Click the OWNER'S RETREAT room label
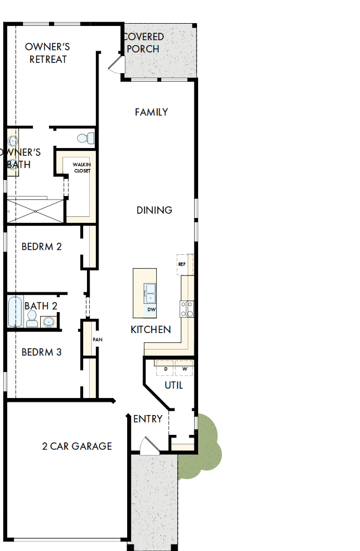[x=48, y=53]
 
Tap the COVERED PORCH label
[x=144, y=43]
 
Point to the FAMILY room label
[x=151, y=112]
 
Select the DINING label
[x=154, y=210]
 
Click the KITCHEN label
[x=150, y=330]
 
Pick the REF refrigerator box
[x=182, y=264]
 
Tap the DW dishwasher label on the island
[x=151, y=310]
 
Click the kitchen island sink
[x=150, y=293]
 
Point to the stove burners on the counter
[x=186, y=308]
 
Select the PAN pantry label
[x=97, y=340]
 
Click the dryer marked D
[x=165, y=368]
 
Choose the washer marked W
[x=184, y=368]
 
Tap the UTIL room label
[x=174, y=385]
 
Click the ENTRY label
[x=148, y=419]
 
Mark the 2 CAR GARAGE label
[x=77, y=446]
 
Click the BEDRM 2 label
[x=42, y=247]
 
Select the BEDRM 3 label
[x=42, y=352]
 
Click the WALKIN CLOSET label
[x=82, y=168]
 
